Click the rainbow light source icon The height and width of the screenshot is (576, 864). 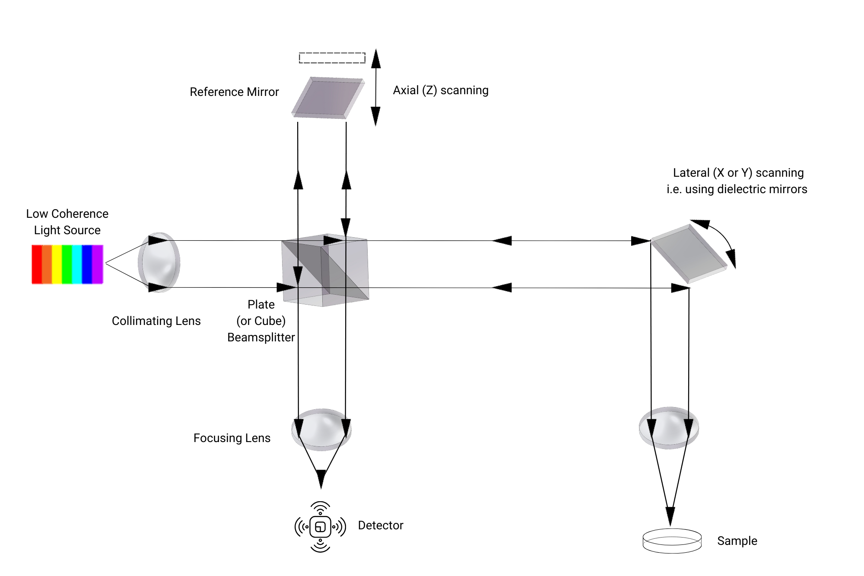point(67,264)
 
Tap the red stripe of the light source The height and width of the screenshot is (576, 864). point(37,264)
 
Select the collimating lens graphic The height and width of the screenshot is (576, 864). point(159,263)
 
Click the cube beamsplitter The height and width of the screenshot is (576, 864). point(325,271)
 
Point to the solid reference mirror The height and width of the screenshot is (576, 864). point(327,98)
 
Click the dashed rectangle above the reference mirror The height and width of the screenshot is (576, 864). point(332,57)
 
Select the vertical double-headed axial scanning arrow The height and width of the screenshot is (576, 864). point(376,88)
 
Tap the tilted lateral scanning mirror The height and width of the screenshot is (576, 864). point(689,253)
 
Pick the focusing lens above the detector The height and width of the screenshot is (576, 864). point(321,429)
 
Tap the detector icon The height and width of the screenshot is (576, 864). point(320,527)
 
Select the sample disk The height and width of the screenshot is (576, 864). point(672,541)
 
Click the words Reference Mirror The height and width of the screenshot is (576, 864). point(234,92)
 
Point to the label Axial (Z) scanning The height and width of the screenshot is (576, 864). point(440,90)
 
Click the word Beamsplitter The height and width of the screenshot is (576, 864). point(261,337)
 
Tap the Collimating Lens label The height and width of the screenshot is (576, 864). point(156,321)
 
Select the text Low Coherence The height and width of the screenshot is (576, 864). point(67,214)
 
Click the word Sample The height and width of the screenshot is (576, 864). point(737,541)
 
